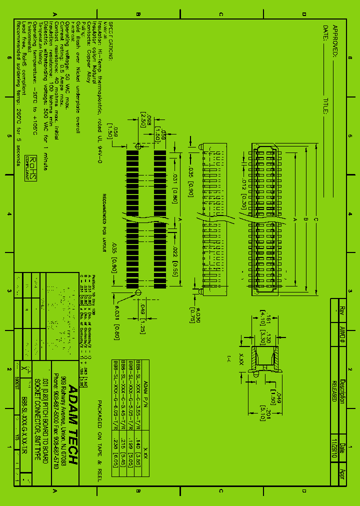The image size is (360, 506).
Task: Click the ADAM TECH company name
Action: tap(72, 425)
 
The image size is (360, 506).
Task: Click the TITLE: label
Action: tap(325, 106)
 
